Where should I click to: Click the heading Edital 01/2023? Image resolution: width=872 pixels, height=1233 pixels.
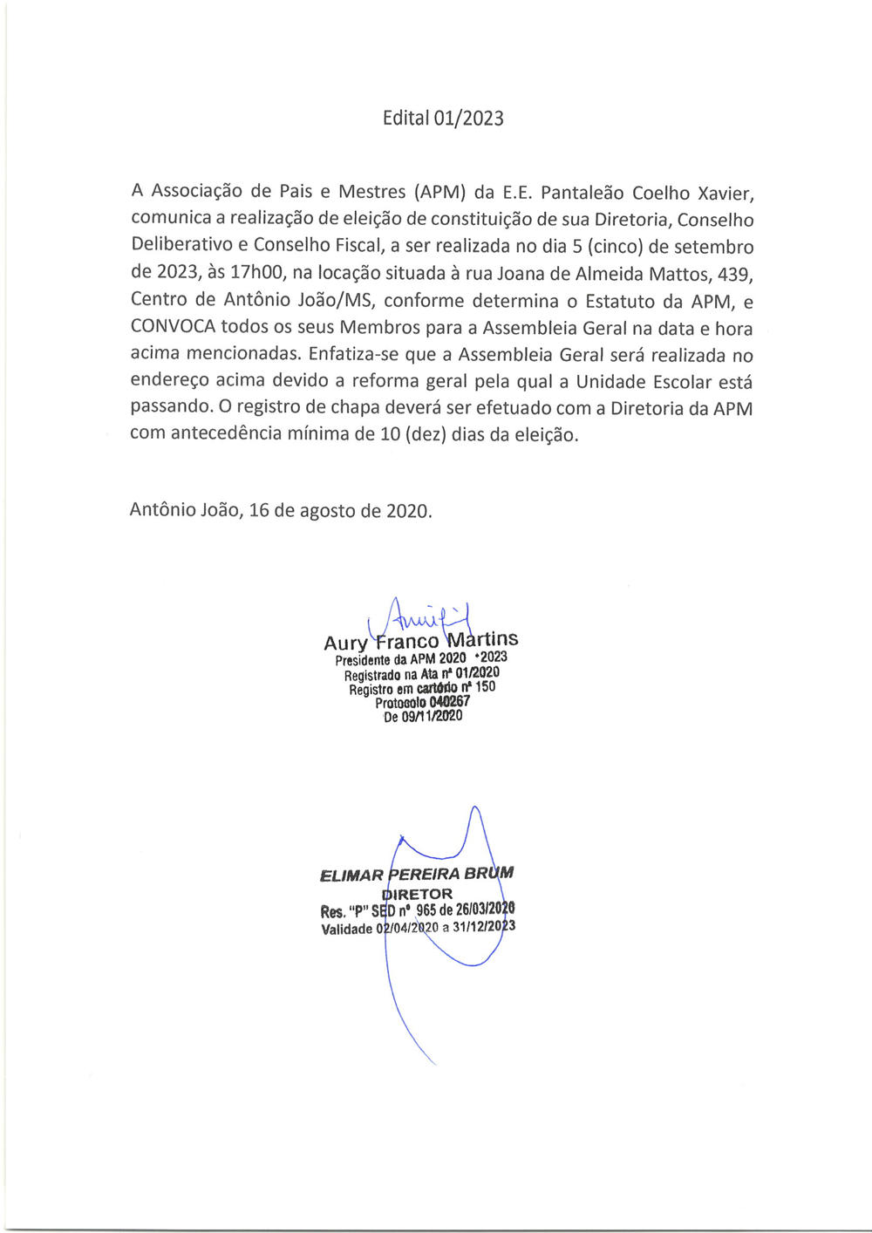point(443,119)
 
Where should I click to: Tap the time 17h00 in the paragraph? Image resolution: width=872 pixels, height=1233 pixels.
point(257,274)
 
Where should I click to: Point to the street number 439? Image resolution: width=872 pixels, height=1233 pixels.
point(735,274)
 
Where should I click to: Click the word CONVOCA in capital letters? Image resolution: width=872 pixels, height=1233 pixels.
point(173,328)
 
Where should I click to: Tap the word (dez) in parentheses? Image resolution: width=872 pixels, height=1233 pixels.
point(426,434)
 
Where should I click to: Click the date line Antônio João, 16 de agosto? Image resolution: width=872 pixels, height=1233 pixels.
point(280,511)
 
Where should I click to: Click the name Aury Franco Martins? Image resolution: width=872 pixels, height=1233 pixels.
point(420,642)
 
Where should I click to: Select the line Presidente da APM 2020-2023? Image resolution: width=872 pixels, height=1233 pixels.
point(420,658)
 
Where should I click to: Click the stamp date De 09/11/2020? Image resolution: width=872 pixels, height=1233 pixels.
point(423,717)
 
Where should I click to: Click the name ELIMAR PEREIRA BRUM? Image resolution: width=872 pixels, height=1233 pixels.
point(417,874)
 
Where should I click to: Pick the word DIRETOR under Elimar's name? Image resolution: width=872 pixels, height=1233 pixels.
point(418,894)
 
